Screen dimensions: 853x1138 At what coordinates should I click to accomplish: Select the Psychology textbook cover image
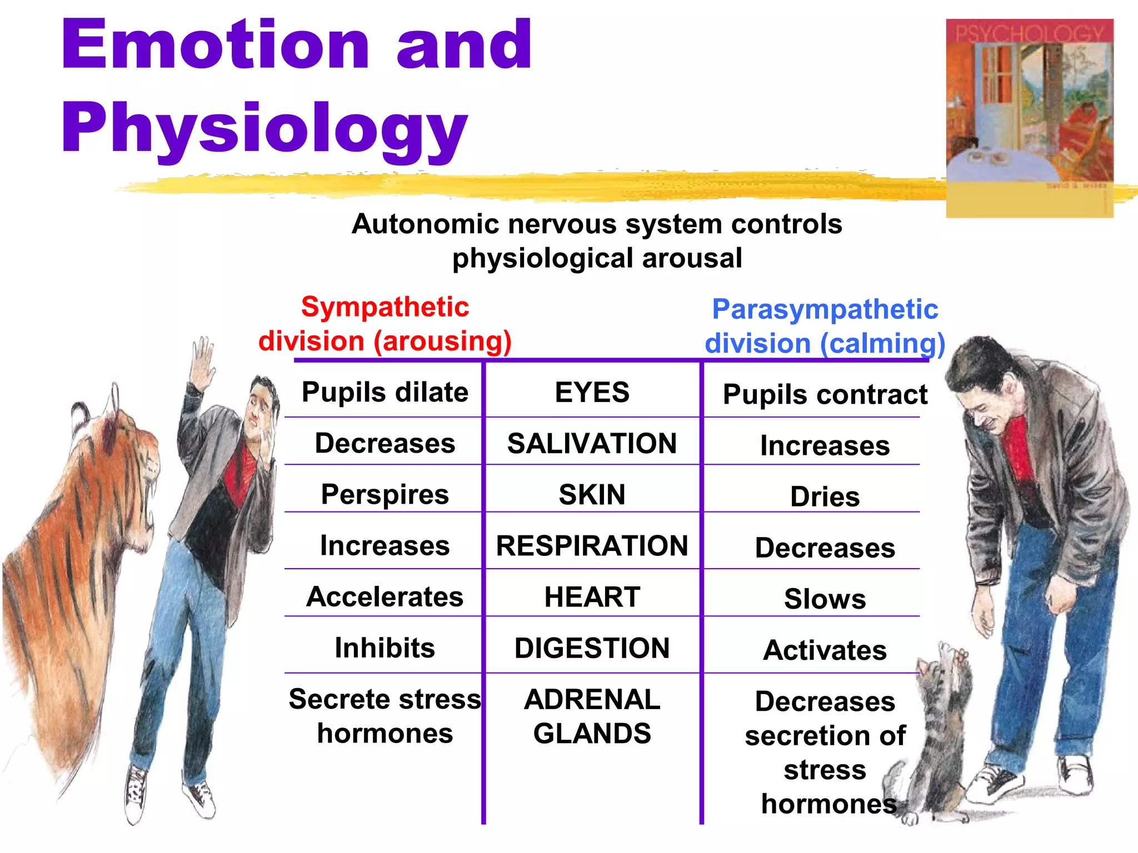(1029, 118)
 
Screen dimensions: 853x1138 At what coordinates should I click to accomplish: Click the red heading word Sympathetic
(385, 307)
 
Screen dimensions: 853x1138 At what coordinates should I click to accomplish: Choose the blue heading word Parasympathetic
(825, 309)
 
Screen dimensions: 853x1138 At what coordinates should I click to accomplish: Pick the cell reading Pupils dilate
(385, 392)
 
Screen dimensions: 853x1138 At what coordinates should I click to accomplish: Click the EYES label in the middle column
(592, 392)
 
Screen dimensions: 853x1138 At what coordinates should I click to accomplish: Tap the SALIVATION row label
(592, 443)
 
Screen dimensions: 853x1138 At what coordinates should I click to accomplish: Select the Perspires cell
(385, 494)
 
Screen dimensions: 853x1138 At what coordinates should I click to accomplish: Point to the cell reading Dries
(825, 496)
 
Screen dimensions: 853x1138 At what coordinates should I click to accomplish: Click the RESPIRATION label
(592, 545)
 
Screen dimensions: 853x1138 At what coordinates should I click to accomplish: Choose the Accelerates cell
(385, 597)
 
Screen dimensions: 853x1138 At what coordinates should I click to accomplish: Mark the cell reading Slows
(825, 599)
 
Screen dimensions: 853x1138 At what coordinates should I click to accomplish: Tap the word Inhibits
(385, 648)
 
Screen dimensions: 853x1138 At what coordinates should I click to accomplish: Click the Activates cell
(825, 650)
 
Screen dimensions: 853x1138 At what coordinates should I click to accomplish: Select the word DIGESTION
(592, 648)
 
